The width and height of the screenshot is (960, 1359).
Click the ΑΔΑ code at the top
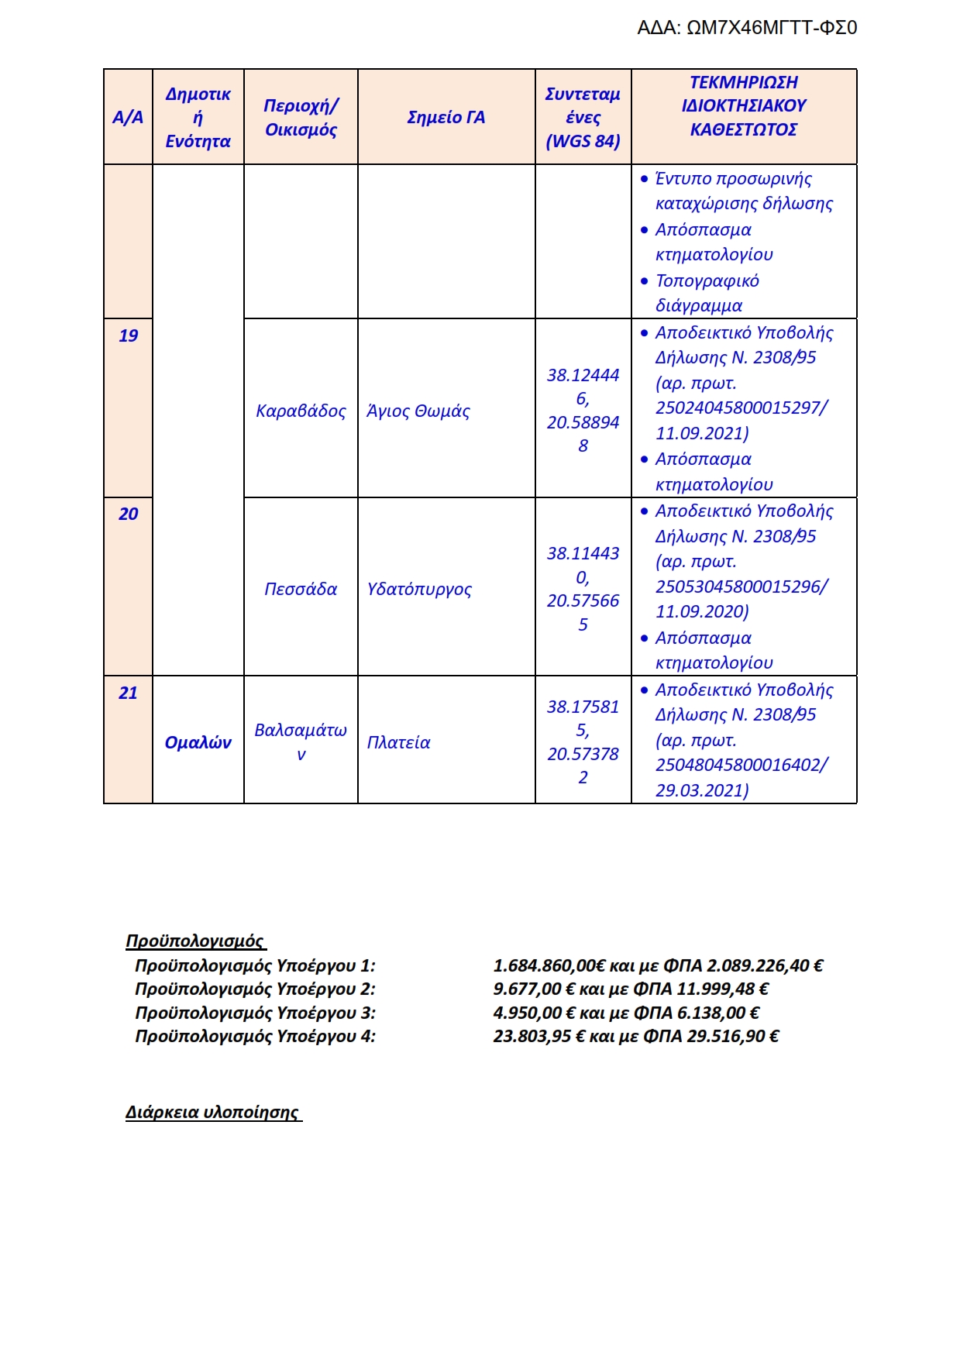point(746,28)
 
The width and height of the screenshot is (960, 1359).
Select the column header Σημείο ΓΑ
point(446,118)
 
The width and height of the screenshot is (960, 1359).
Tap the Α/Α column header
point(128,118)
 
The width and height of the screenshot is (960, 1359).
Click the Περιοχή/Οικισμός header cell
point(301,118)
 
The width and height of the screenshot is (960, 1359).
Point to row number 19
point(128,335)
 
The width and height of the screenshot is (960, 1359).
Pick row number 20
point(128,514)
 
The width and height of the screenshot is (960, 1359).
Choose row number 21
point(128,693)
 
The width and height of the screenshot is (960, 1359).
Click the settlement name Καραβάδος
point(301,411)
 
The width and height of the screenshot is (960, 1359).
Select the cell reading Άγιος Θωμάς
point(418,411)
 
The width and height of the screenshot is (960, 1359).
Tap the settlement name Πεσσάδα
point(301,589)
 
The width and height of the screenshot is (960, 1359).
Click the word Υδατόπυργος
point(419,589)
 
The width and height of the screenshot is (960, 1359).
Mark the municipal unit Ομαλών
point(198,742)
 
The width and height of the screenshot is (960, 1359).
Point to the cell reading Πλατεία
point(398,742)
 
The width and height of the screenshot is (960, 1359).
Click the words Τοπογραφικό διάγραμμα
point(707,293)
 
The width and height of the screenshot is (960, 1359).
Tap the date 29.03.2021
point(700,790)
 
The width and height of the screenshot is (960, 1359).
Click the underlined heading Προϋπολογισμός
point(194,941)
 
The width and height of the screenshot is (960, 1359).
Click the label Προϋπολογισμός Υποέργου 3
point(254,1013)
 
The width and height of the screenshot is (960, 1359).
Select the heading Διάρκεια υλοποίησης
point(212,1113)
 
